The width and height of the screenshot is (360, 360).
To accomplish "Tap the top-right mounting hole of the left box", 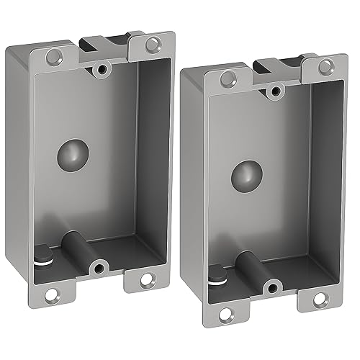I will coord(152,45).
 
